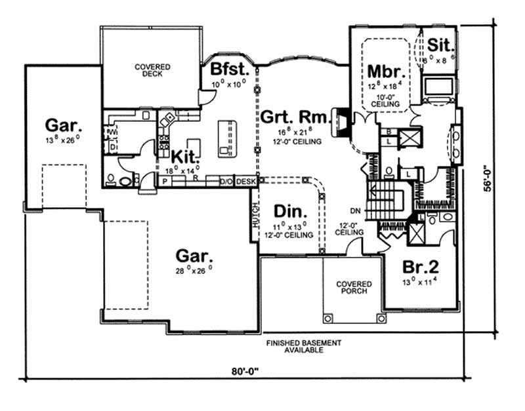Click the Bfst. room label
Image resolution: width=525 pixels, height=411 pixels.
coord(227,69)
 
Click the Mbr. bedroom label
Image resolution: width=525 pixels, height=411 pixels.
coord(385,70)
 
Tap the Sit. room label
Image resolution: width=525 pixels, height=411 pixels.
coord(438,45)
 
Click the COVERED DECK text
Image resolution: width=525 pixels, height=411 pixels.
coord(153,70)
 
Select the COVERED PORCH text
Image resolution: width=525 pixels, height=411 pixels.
coord(354,288)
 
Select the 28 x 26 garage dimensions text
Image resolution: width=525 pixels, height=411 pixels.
coord(193,269)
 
